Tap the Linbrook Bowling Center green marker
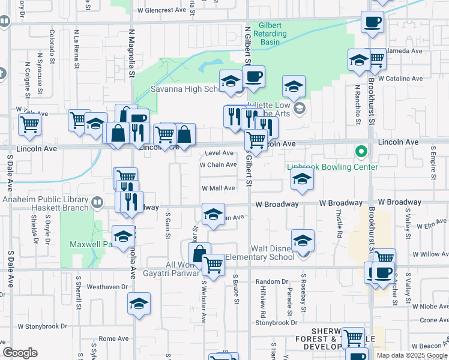(361, 152)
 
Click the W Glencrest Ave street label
(162, 10)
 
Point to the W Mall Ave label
(218, 188)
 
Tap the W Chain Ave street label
(218, 164)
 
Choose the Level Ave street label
(219, 153)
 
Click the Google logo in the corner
(20, 353)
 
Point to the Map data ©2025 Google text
(412, 355)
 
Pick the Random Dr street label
(272, 281)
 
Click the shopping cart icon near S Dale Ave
(29, 124)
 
